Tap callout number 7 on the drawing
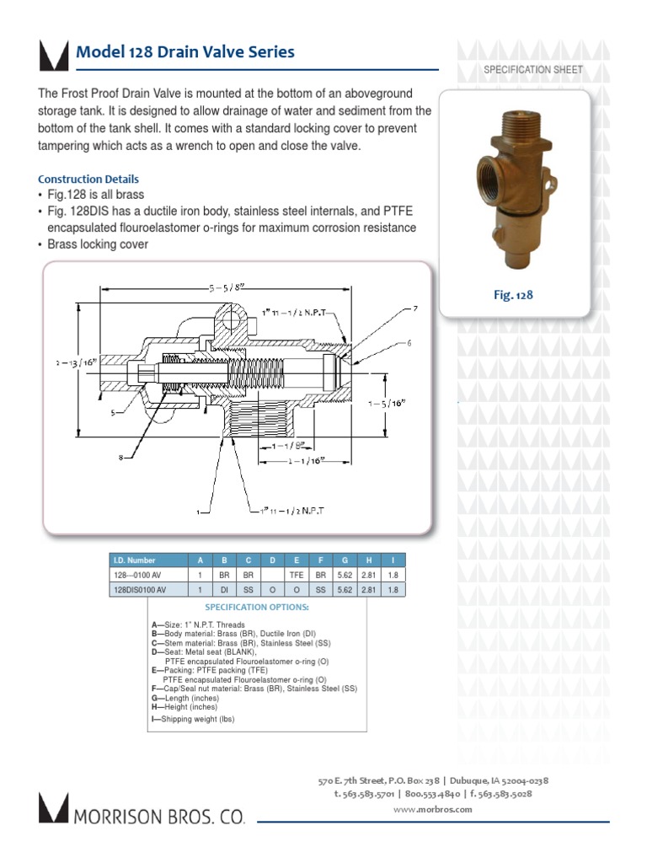tap(414, 309)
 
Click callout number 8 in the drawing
tap(121, 458)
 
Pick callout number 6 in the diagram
tap(409, 343)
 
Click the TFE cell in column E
tap(296, 575)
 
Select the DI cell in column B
tap(224, 591)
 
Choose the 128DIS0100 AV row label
tap(140, 591)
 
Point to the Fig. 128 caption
tap(513, 295)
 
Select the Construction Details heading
tap(88, 180)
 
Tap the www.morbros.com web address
tap(433, 809)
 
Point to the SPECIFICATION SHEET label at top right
tap(532, 69)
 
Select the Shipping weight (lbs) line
tap(193, 719)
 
